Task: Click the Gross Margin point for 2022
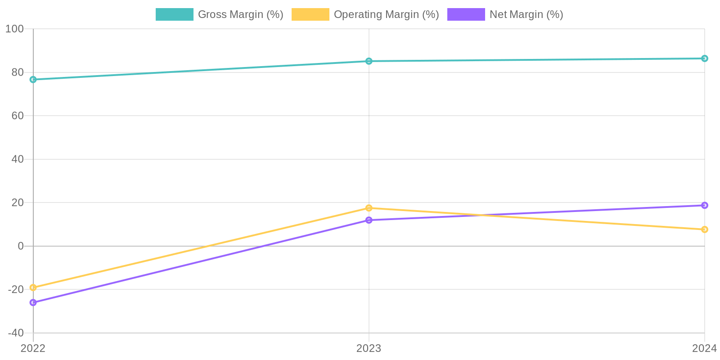tap(33, 80)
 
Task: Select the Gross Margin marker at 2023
tap(369, 61)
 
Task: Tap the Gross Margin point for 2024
tap(705, 58)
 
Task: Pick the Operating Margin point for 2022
tap(33, 288)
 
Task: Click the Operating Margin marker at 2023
tap(369, 208)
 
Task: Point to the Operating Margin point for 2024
tap(705, 229)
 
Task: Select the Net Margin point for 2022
tap(33, 302)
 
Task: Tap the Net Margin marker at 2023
tap(369, 220)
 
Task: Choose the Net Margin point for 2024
tap(705, 206)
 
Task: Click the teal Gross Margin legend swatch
tap(175, 14)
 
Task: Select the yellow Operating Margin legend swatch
tap(310, 14)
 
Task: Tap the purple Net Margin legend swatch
tap(466, 14)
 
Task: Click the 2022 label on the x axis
tap(33, 348)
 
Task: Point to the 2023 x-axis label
tap(369, 348)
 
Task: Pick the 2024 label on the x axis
tap(704, 348)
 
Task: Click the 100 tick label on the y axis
tap(14, 29)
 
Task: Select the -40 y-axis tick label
tap(16, 333)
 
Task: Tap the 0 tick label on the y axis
tap(21, 246)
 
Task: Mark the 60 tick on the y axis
tap(18, 116)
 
